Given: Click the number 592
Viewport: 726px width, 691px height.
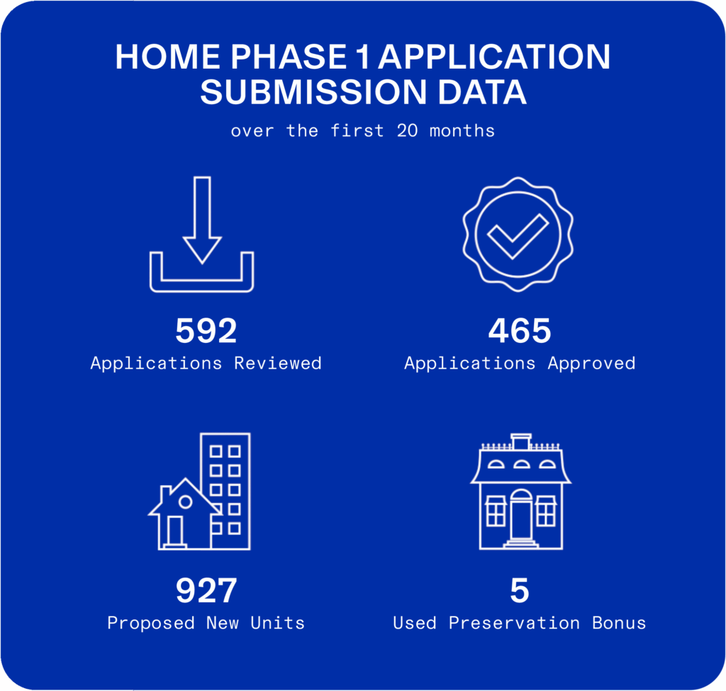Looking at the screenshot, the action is tap(206, 331).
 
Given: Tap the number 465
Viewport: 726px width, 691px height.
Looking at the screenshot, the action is tap(520, 331).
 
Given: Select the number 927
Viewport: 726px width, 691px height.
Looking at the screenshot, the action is tap(206, 590).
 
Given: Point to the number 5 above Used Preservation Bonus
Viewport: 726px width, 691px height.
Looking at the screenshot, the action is tap(520, 590).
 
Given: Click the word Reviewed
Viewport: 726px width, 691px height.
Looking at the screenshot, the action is tap(277, 364).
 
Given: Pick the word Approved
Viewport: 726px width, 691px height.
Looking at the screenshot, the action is tap(591, 364).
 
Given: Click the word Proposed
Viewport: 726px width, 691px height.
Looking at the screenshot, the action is tap(151, 623).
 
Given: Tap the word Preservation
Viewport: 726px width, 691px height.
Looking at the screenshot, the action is tap(514, 623).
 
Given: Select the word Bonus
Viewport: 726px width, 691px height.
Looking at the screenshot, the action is tap(619, 623).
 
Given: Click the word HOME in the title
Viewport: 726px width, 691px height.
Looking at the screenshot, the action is tap(167, 57).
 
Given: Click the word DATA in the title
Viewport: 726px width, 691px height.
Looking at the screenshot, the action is tap(482, 91).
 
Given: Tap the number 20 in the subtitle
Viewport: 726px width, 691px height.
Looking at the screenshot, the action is tap(408, 131).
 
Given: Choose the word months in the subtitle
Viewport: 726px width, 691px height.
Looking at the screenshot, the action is tap(462, 131).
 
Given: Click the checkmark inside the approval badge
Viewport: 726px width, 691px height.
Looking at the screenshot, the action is tap(518, 236).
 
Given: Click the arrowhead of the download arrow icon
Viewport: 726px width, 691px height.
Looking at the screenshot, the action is tap(202, 250).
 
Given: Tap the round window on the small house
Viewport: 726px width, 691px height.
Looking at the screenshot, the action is tap(185, 502).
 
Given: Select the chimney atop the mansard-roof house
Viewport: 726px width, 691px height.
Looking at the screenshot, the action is tap(521, 442).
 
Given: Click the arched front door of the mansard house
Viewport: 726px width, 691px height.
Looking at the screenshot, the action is tap(521, 515).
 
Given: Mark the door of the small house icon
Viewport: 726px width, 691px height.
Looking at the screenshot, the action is tap(175, 532).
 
